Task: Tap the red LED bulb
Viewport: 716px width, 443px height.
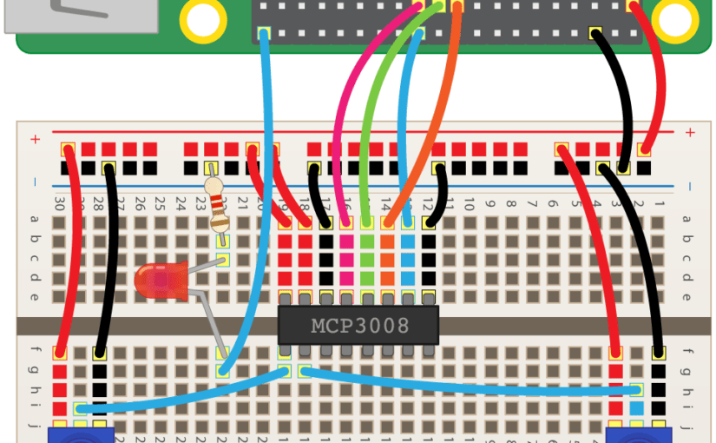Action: (x=158, y=281)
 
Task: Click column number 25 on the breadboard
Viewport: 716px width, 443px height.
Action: (x=160, y=204)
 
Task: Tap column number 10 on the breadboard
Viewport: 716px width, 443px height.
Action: (x=469, y=205)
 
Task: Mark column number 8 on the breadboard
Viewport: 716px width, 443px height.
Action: (x=510, y=205)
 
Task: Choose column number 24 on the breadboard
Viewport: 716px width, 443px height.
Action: (x=181, y=204)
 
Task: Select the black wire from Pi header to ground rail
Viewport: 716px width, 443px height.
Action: (x=620, y=96)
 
